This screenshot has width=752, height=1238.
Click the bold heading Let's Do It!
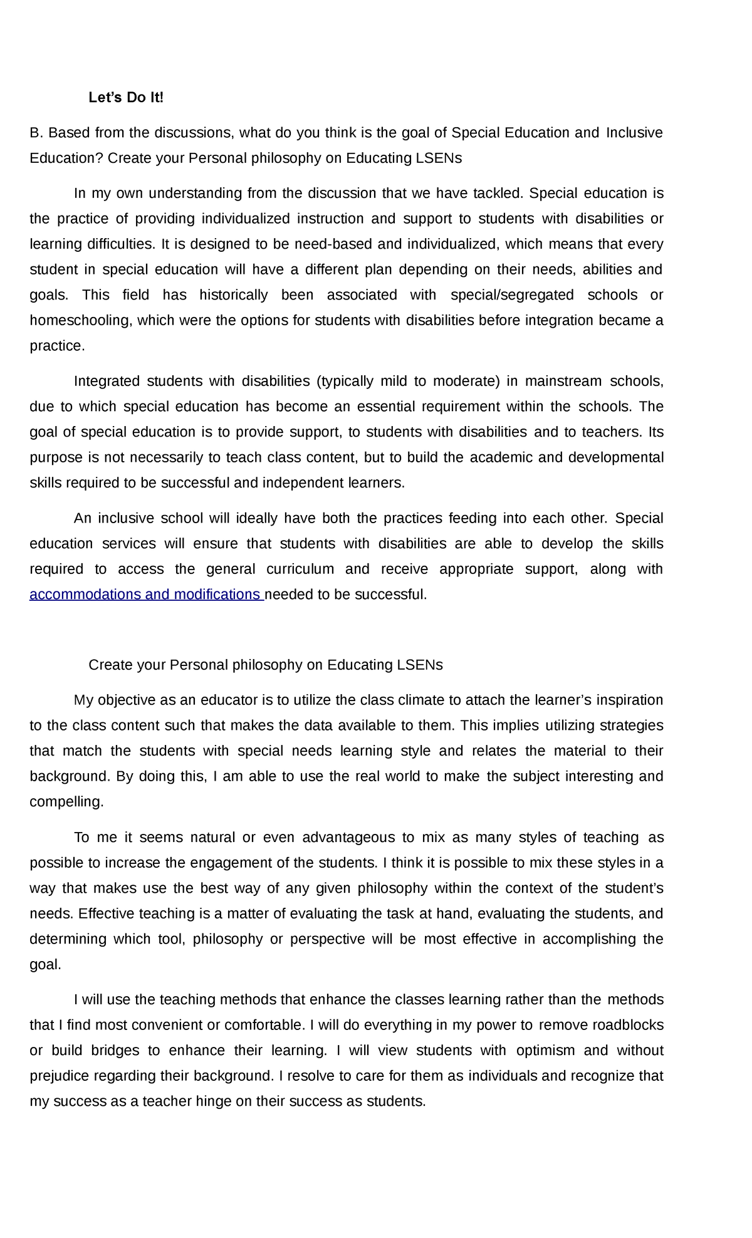pyautogui.click(x=126, y=98)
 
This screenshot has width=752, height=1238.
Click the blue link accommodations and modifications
pyautogui.click(x=145, y=595)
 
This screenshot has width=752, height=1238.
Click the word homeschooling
pyautogui.click(x=81, y=321)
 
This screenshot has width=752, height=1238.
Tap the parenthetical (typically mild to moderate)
pyautogui.click(x=409, y=382)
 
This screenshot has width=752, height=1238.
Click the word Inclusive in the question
pyautogui.click(x=634, y=133)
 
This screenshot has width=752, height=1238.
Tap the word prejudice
pyautogui.click(x=60, y=1076)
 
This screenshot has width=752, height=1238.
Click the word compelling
pyautogui.click(x=66, y=802)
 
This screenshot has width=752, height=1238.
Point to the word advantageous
pyautogui.click(x=348, y=838)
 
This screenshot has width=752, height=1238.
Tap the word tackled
pyautogui.click(x=498, y=194)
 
